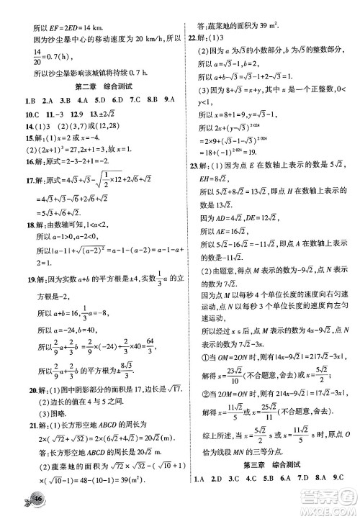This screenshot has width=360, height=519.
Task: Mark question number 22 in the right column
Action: [x=192, y=39]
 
